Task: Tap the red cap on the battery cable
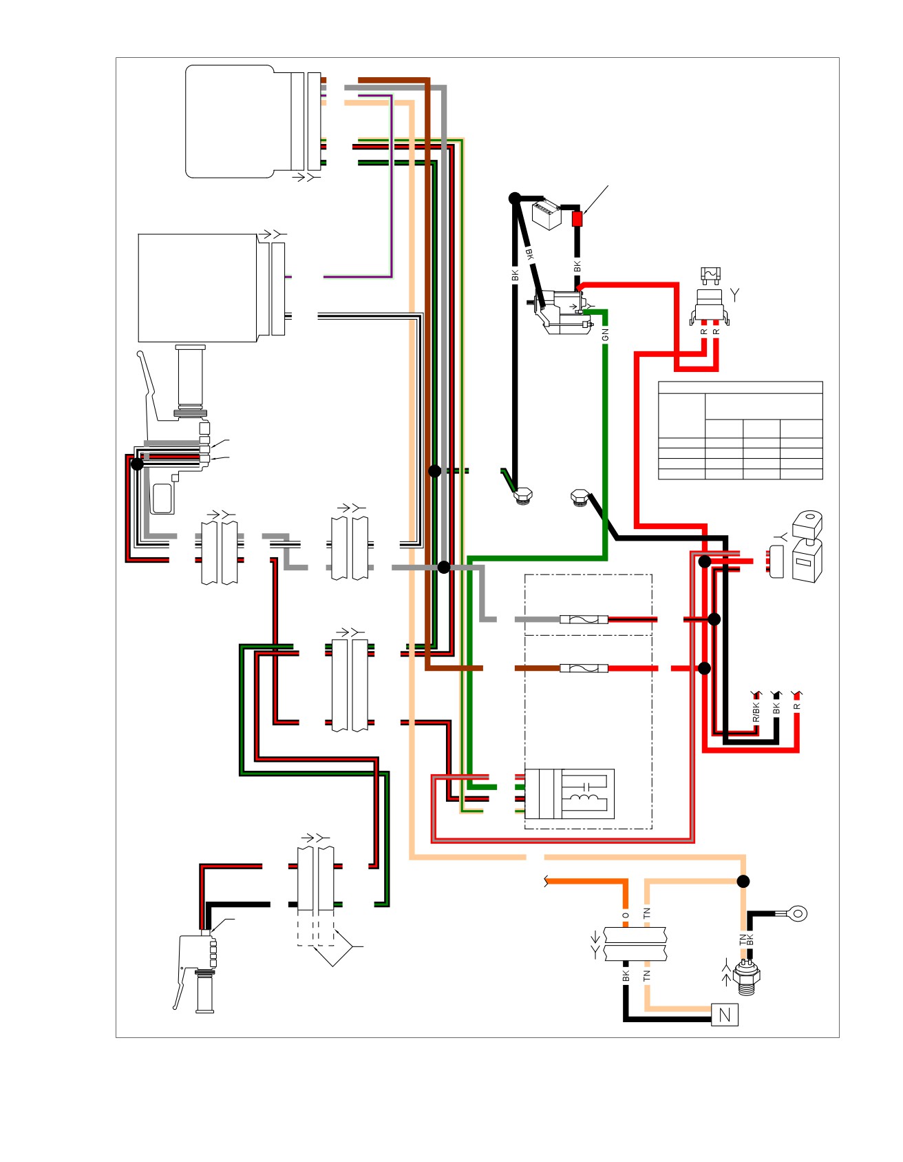577,219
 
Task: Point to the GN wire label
606,335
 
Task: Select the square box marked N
724,1014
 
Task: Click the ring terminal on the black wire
798,914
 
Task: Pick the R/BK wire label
756,712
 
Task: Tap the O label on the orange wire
626,915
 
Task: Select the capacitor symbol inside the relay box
586,785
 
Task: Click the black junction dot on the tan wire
743,881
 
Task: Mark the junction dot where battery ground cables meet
514,198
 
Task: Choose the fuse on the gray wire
584,619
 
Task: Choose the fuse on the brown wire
584,668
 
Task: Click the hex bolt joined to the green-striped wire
524,495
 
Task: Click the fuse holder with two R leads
710,306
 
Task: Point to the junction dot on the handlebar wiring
137,464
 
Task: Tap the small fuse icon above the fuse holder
710,276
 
